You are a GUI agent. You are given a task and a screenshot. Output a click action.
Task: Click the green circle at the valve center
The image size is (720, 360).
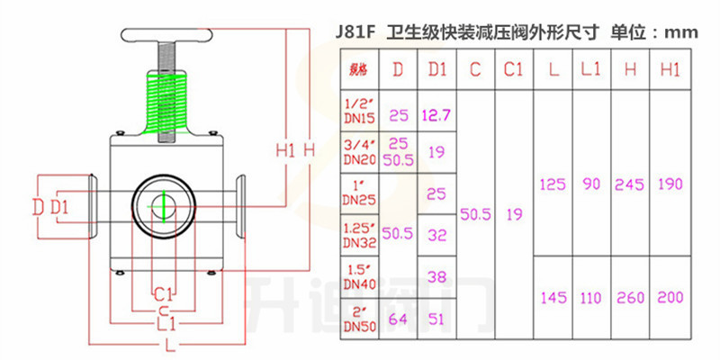point(164,205)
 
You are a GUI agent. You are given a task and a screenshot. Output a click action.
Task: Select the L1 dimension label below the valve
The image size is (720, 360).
point(163,322)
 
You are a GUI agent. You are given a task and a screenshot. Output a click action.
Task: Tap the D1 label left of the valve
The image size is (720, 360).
point(59,207)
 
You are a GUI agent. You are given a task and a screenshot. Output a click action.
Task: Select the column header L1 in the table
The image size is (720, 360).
point(590,68)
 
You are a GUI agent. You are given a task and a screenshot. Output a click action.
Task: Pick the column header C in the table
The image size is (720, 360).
point(475,68)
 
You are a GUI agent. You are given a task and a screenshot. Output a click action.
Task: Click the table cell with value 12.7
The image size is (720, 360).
point(436,114)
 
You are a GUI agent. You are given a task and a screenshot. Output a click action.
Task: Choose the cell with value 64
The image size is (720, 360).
point(399,317)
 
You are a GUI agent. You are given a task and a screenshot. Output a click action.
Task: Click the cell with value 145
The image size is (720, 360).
point(552,296)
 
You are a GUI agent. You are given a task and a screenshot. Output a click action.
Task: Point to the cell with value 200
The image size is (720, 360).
point(670,296)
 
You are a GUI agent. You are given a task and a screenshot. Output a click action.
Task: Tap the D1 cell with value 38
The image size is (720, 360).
point(436,276)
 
